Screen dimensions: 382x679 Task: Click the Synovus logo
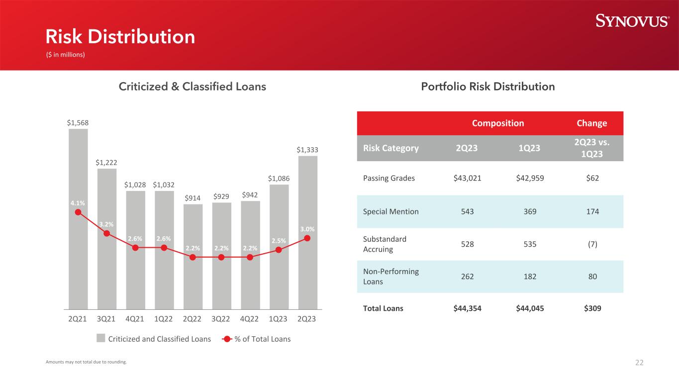[632, 21]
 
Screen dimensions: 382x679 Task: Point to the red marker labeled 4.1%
[78, 212]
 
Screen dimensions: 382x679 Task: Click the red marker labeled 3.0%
[307, 238]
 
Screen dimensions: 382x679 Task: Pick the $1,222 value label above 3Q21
[107, 162]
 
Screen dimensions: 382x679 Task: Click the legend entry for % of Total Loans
[256, 339]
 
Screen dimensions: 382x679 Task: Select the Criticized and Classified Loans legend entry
[154, 339]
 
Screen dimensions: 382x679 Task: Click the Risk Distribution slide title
[120, 37]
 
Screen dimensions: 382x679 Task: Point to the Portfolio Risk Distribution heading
[487, 87]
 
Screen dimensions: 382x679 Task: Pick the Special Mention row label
[391, 211]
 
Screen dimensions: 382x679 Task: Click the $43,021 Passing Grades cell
[467, 178]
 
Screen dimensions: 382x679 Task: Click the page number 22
[639, 363]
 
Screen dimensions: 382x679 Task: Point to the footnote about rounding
[86, 362]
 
